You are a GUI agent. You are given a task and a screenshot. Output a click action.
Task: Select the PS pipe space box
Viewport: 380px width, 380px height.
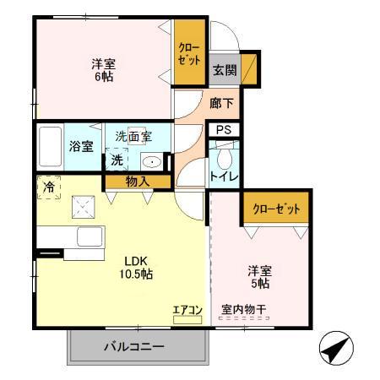(x=224, y=130)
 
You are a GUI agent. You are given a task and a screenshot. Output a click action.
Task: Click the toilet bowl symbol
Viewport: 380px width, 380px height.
(x=224, y=158)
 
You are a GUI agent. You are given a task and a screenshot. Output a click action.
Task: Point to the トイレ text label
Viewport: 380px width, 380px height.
(x=225, y=177)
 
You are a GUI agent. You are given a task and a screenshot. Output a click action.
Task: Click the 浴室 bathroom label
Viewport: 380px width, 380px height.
(x=81, y=146)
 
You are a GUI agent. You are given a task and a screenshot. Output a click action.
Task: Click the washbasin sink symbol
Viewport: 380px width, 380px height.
(x=152, y=162)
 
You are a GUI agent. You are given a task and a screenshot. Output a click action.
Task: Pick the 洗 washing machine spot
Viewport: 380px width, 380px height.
(x=117, y=160)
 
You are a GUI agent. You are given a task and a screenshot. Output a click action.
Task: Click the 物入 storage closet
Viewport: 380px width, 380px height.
(x=137, y=181)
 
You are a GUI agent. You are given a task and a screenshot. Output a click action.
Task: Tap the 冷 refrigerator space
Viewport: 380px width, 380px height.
(x=46, y=188)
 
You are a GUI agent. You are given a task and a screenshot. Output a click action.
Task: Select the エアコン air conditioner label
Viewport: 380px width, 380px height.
(x=187, y=310)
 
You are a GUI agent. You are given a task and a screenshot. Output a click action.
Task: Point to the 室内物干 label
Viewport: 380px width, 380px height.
(x=243, y=310)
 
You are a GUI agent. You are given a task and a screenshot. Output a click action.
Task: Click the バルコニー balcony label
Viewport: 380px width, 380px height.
(x=134, y=346)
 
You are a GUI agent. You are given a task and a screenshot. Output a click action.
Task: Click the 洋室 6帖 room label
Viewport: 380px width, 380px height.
(x=103, y=69)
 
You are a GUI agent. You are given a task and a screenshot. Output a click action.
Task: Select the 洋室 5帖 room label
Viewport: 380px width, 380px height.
(x=259, y=276)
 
